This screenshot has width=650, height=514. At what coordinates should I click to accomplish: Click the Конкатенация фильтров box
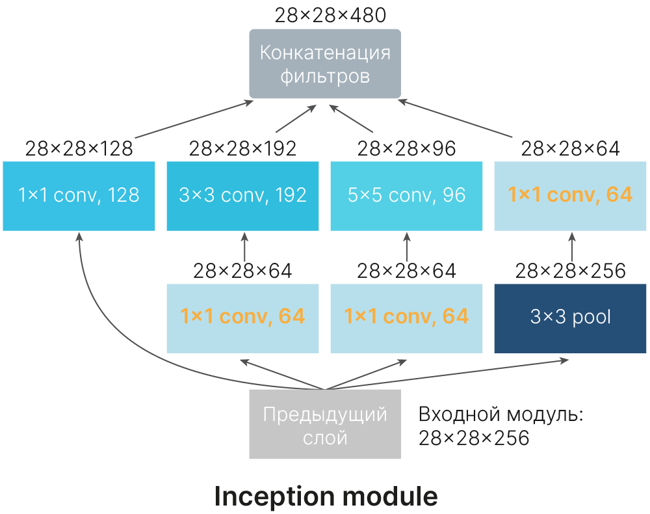click(325, 64)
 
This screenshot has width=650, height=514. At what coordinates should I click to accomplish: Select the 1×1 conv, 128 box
click(79, 196)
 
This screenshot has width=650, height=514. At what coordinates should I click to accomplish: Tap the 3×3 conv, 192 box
click(242, 196)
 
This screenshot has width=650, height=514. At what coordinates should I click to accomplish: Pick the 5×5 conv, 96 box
click(406, 196)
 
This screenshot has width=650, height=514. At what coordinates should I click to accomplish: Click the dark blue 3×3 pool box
click(571, 318)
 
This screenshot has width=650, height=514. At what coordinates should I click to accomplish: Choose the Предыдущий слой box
click(325, 424)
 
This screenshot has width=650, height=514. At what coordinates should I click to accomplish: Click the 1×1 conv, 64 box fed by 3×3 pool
click(571, 196)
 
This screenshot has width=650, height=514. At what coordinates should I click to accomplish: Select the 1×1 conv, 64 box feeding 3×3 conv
click(242, 318)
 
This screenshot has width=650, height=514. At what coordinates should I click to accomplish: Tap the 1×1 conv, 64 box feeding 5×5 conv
click(406, 318)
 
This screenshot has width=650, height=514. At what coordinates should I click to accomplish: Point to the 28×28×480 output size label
click(330, 16)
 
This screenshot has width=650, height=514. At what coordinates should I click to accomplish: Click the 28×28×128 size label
click(79, 148)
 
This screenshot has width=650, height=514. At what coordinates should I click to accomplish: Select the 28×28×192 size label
click(242, 148)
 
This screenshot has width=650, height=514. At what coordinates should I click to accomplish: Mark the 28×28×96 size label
click(406, 148)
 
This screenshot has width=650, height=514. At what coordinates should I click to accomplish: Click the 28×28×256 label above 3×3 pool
click(571, 271)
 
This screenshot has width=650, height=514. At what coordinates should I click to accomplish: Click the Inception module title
click(326, 496)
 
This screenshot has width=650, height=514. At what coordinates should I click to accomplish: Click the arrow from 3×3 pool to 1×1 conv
click(572, 247)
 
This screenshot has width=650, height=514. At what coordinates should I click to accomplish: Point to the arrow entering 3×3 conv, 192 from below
click(244, 247)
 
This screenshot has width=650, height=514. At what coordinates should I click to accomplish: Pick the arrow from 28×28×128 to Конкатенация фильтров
click(194, 119)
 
